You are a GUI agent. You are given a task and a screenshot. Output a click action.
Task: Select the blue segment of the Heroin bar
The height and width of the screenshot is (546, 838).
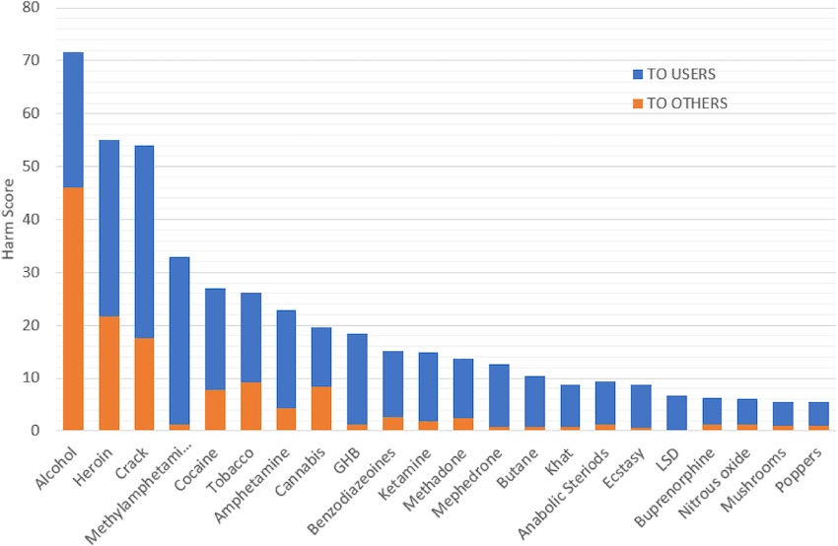(109, 228)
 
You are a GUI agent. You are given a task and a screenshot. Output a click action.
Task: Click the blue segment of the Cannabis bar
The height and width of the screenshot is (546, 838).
(321, 356)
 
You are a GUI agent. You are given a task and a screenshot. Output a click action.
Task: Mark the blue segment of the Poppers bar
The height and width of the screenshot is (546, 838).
(818, 412)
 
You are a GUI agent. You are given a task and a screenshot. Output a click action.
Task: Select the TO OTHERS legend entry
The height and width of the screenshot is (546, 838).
(680, 102)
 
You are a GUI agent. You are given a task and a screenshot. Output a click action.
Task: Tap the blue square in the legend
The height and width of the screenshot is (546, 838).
(638, 75)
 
